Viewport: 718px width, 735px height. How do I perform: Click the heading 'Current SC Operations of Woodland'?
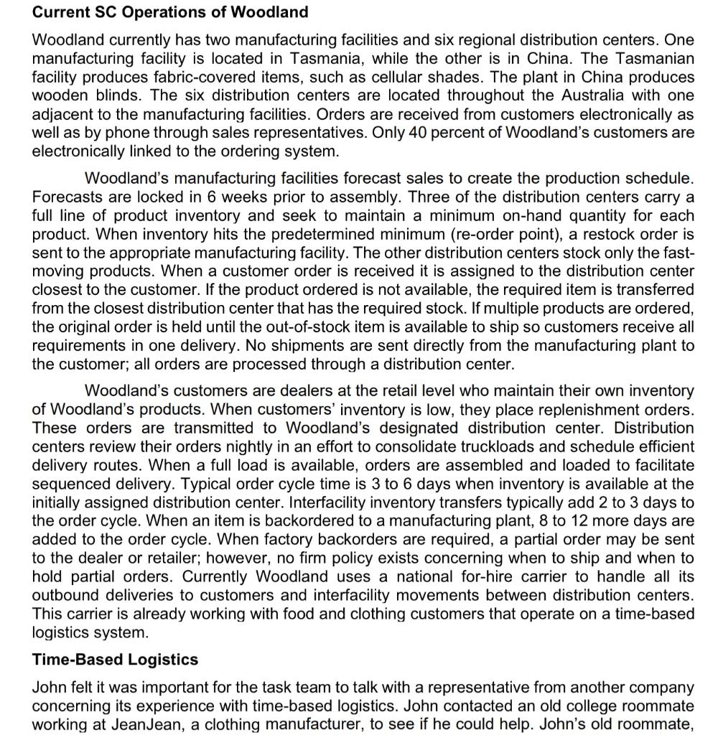point(170,12)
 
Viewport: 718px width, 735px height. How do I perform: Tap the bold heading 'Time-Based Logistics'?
point(115,659)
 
